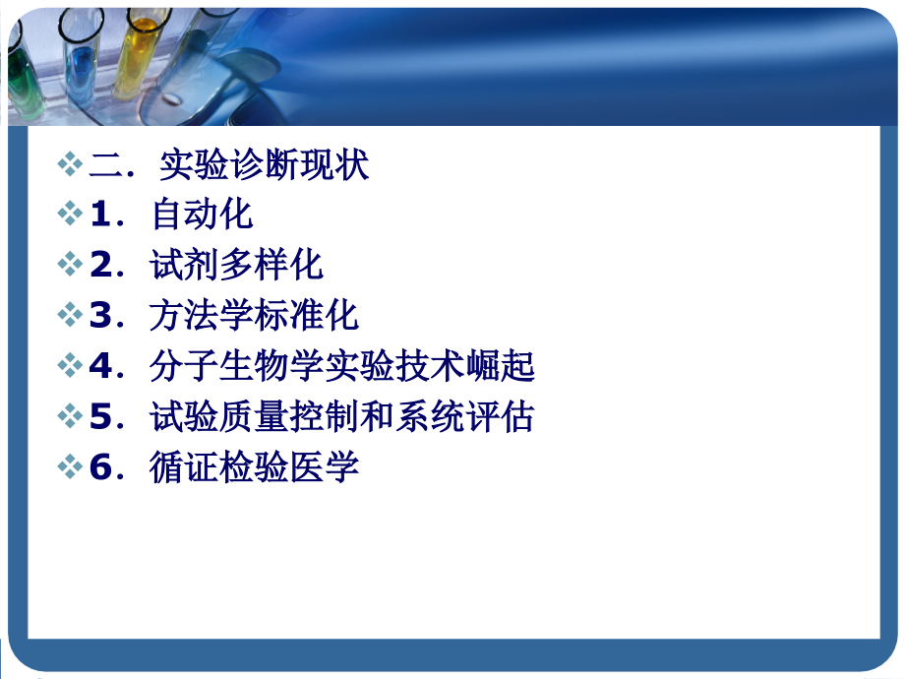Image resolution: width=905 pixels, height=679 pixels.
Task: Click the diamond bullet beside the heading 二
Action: pyautogui.click(x=70, y=164)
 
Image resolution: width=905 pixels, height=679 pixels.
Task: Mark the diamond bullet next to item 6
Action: pyautogui.click(x=70, y=467)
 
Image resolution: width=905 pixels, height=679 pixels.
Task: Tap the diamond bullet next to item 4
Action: pyautogui.click(x=70, y=366)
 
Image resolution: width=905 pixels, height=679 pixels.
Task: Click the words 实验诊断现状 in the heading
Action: pyautogui.click(x=264, y=164)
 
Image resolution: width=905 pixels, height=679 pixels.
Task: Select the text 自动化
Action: pyautogui.click(x=203, y=215)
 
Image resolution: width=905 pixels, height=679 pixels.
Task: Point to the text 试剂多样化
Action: pyautogui.click(x=237, y=265)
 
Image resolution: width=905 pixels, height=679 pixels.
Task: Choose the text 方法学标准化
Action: pyautogui.click(x=255, y=316)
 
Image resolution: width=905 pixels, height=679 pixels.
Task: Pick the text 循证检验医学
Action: pyautogui.click(x=255, y=467)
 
